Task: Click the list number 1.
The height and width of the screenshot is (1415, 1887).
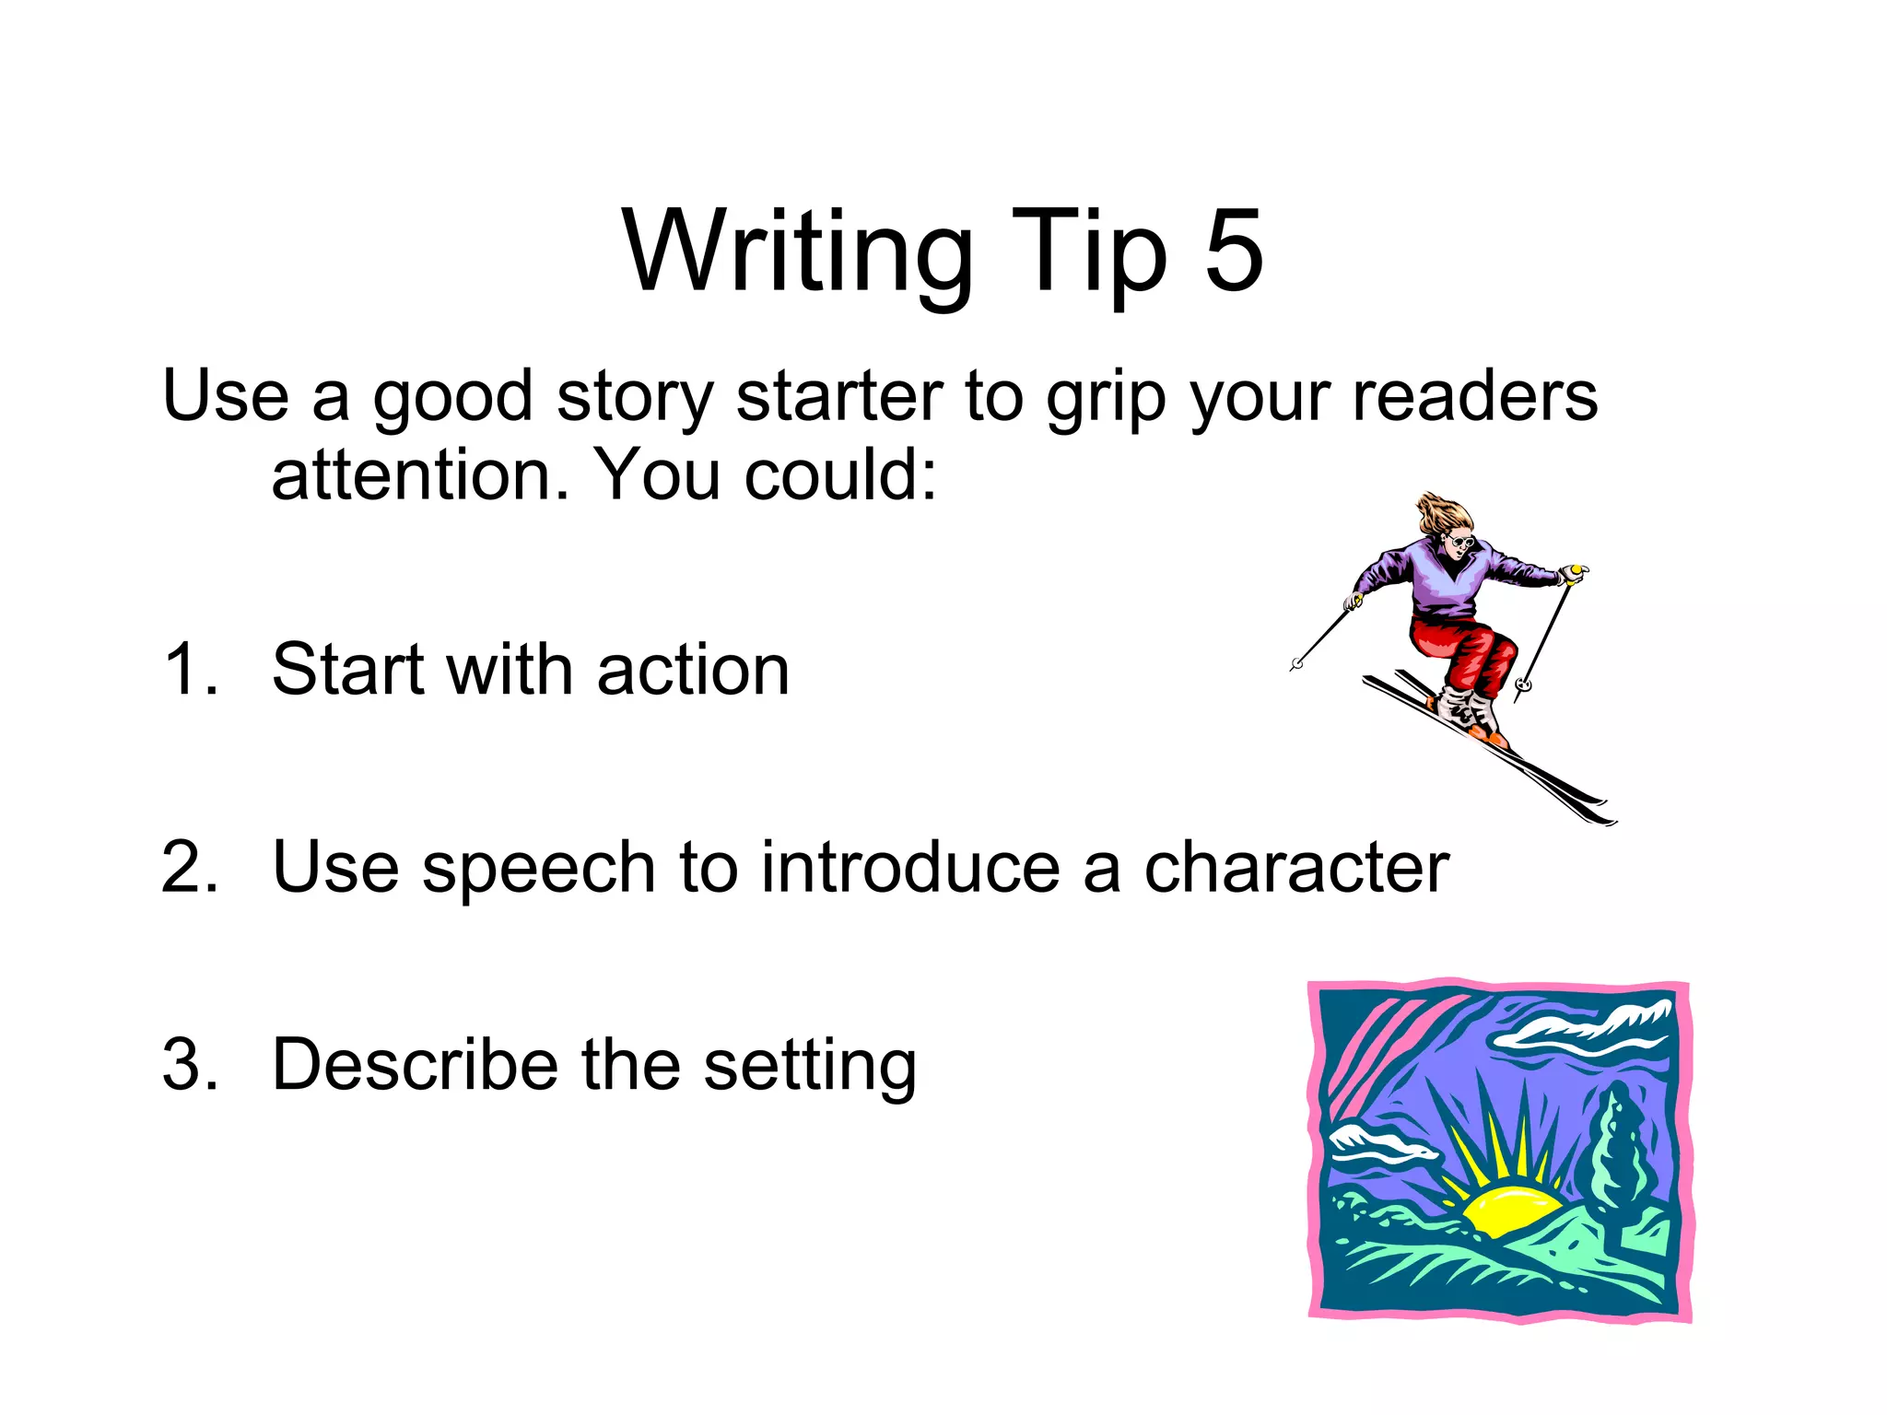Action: pyautogui.click(x=190, y=670)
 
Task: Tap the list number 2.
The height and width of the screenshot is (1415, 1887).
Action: pyautogui.click(x=190, y=868)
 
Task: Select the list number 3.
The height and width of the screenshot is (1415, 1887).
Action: pyautogui.click(x=190, y=1066)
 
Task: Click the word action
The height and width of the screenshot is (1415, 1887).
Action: pyautogui.click(x=693, y=670)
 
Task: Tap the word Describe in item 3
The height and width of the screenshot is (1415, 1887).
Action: pyautogui.click(x=415, y=1066)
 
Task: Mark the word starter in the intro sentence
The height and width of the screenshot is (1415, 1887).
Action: pyautogui.click(x=839, y=398)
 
